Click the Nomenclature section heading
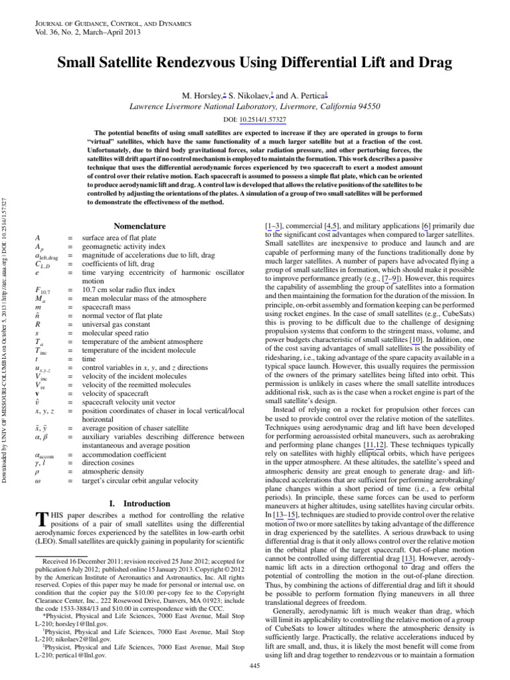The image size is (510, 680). click(x=139, y=226)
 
